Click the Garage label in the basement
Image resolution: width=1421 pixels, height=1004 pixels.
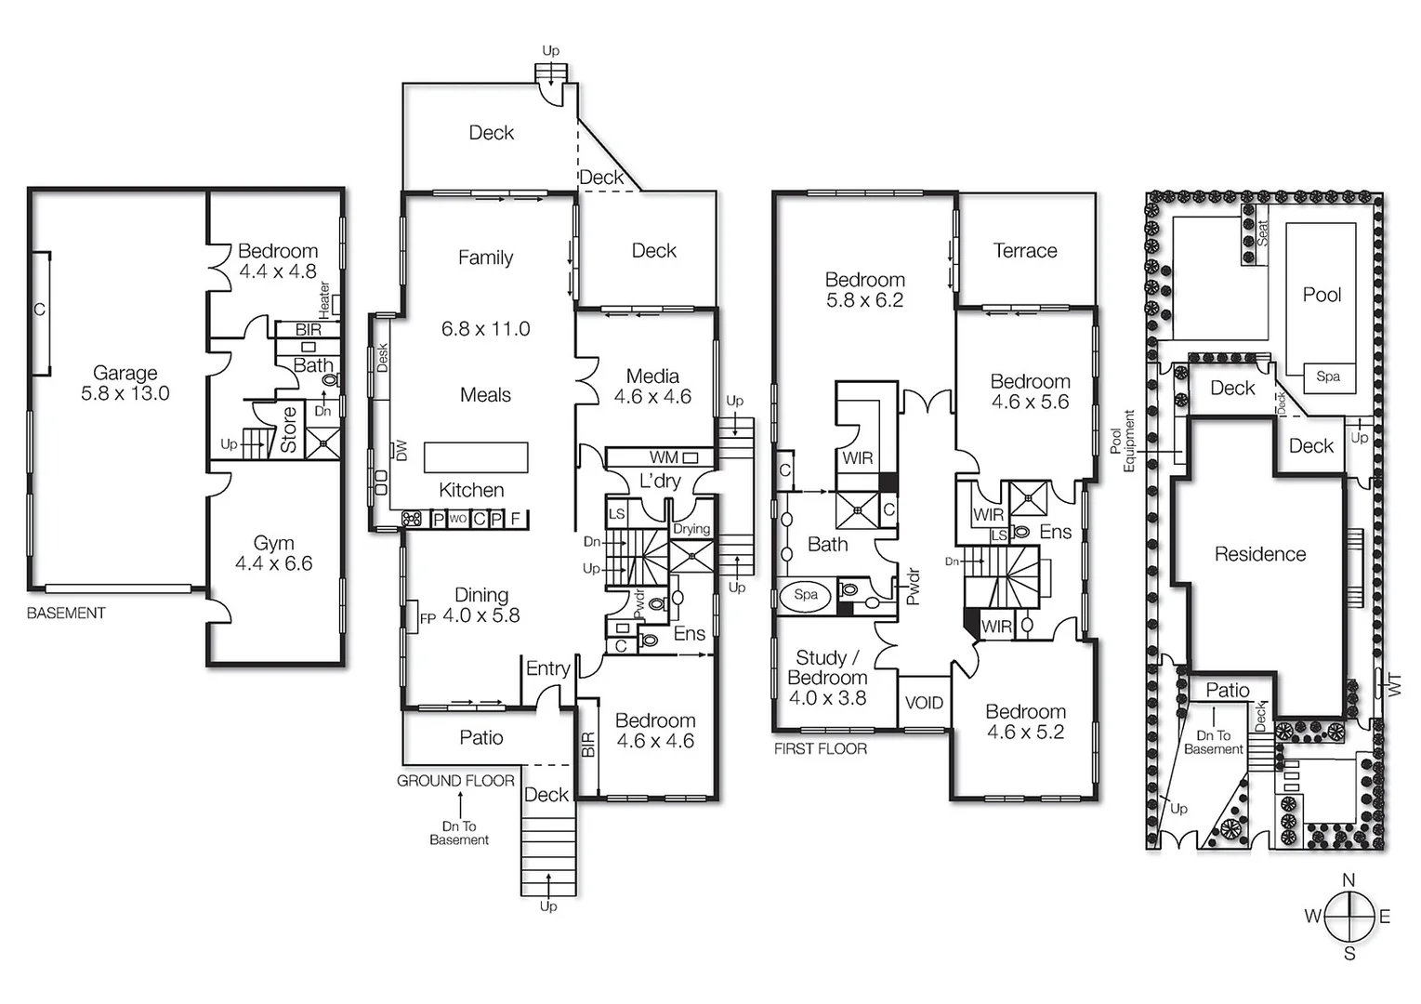click(125, 373)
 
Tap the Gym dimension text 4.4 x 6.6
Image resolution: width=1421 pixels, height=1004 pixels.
click(273, 563)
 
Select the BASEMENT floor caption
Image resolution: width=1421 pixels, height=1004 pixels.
click(66, 614)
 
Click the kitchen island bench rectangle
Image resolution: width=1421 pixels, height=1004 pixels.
click(476, 457)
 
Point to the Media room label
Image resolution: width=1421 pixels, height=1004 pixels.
click(652, 376)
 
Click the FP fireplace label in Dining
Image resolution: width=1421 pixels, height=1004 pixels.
click(428, 618)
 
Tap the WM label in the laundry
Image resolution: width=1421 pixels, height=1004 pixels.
click(664, 457)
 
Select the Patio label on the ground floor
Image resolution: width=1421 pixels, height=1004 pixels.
click(481, 737)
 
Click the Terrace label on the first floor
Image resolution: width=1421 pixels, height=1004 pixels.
click(1025, 250)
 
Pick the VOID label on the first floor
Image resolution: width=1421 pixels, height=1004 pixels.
click(924, 703)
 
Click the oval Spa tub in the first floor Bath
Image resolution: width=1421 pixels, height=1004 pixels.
click(806, 595)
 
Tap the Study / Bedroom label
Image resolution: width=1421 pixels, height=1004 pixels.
click(827, 667)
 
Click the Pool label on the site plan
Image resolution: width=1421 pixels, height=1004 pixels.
click(1322, 295)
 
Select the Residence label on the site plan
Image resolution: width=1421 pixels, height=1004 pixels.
click(1260, 554)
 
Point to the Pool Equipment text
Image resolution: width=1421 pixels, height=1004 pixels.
click(1123, 441)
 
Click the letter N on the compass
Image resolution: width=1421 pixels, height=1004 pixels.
click(1349, 879)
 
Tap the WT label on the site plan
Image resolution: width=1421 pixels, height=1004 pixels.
click(1394, 686)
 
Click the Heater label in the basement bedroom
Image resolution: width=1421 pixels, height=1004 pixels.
click(324, 297)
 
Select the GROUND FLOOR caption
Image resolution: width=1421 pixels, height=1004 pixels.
click(455, 781)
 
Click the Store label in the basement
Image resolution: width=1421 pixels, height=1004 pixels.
click(289, 429)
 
